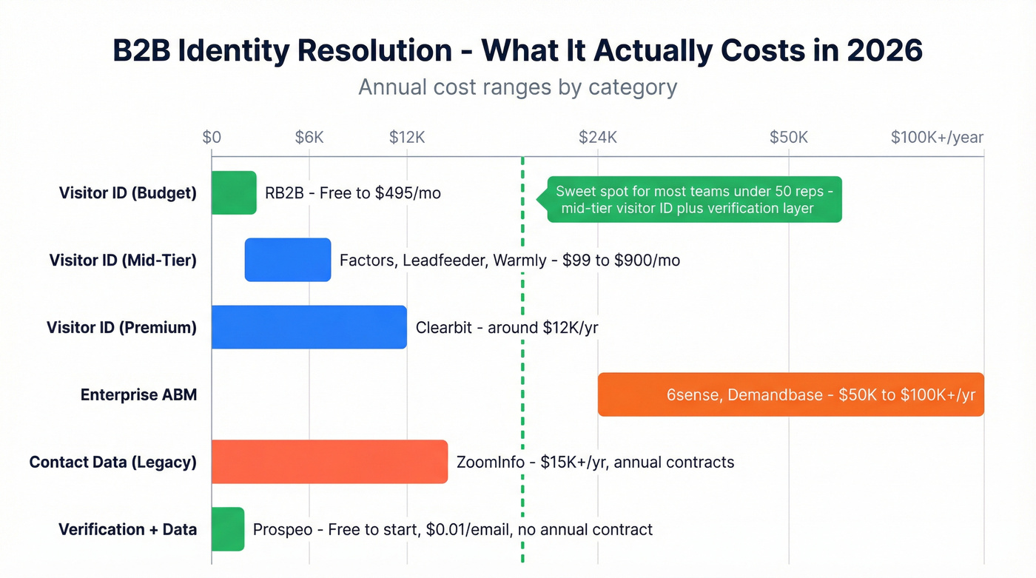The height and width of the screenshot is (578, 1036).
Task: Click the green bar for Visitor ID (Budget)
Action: [x=234, y=193]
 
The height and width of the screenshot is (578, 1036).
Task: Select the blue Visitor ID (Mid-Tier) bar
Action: [x=288, y=260]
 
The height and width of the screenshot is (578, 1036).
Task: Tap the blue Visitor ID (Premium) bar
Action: [x=309, y=327]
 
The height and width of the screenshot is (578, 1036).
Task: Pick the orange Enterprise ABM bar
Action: [x=790, y=394]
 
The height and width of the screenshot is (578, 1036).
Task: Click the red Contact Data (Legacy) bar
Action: [x=329, y=462]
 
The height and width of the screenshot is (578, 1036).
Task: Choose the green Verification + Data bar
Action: [x=228, y=529]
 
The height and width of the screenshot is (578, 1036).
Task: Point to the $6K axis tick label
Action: [x=309, y=137]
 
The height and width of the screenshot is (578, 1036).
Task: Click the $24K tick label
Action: [x=598, y=137]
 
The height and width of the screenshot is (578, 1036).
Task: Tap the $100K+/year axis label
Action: [x=937, y=137]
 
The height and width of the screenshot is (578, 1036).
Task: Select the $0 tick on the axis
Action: [x=212, y=137]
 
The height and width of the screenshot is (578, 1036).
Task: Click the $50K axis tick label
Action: [x=789, y=137]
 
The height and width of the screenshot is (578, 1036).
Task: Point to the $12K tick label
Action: [x=407, y=137]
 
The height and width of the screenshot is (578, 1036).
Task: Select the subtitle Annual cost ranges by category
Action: [x=518, y=87]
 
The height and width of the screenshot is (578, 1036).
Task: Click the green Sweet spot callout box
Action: [x=694, y=199]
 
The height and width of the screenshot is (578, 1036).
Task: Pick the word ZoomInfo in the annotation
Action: [x=490, y=463]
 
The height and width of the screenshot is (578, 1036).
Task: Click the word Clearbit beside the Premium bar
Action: [x=444, y=327]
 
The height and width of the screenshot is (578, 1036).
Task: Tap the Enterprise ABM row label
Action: [x=139, y=394]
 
